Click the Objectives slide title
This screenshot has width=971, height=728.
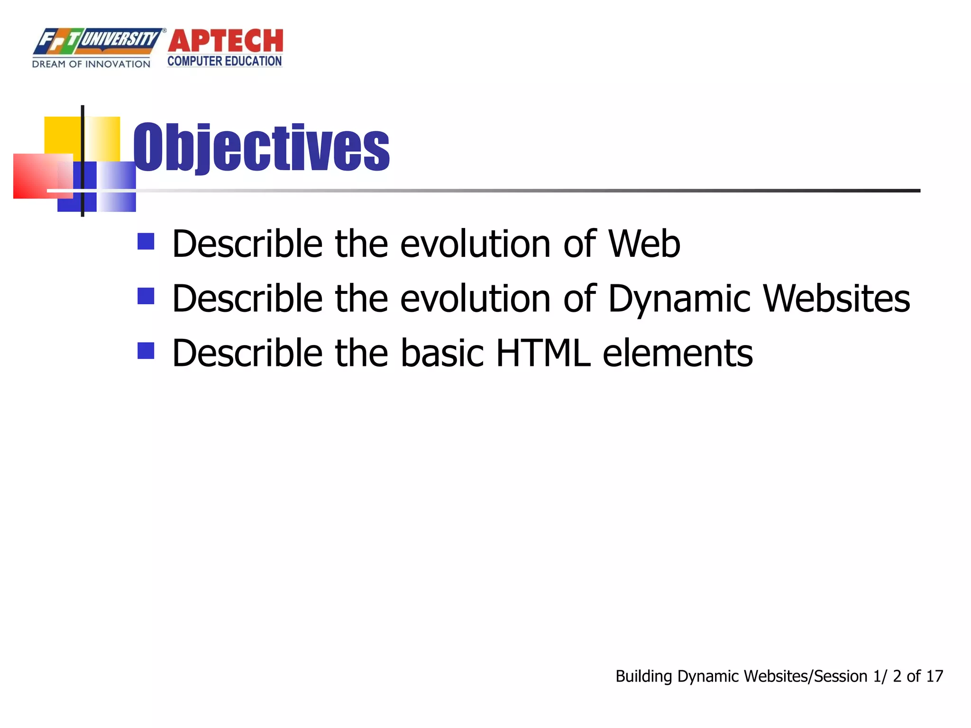coord(261,147)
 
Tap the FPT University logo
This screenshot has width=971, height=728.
coord(97,41)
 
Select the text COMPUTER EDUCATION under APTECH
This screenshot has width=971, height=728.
coord(225,62)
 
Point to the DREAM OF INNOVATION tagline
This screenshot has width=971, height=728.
coord(91,64)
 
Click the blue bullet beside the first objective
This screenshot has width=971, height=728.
coord(146,241)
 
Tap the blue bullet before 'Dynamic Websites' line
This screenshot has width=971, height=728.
coord(146,296)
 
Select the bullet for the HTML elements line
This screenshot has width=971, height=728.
coord(146,351)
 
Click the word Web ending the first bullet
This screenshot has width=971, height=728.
coord(644,244)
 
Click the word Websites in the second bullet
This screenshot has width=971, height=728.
coord(836,299)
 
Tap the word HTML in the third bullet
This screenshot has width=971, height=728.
coord(543,354)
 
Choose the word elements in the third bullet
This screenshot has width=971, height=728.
coord(678,354)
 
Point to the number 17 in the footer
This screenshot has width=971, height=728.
coord(934,676)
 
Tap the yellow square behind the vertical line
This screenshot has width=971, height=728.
coord(64,135)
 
